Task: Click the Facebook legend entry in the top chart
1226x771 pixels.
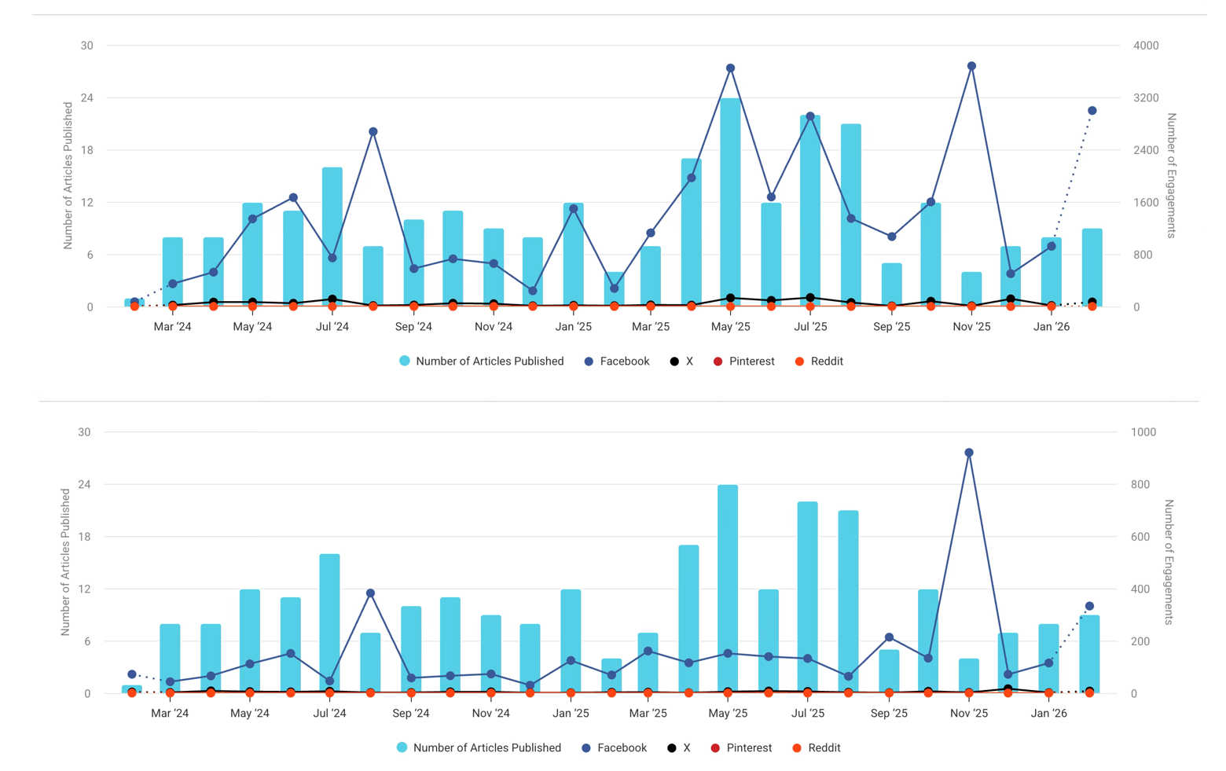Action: tap(617, 362)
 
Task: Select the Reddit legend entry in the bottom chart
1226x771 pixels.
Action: tap(817, 748)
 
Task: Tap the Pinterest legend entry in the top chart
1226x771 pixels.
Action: tap(743, 362)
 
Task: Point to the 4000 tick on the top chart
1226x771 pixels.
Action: tap(1145, 46)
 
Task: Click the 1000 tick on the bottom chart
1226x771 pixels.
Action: tap(1143, 432)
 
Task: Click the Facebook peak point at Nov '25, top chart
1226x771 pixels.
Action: tap(971, 67)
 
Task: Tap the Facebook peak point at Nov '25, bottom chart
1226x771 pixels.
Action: tap(969, 453)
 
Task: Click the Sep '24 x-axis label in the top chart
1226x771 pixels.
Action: tap(413, 327)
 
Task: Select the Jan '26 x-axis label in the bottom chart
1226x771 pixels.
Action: tap(1049, 714)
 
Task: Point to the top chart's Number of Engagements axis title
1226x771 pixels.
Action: tap(1171, 175)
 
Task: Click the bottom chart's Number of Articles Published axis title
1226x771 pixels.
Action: tap(65, 562)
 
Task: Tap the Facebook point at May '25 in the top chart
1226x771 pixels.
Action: tap(730, 68)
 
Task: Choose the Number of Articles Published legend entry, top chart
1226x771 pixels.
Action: tap(481, 362)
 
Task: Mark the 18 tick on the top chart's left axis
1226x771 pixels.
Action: tap(86, 150)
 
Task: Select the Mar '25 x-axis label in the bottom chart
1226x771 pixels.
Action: tap(648, 714)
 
